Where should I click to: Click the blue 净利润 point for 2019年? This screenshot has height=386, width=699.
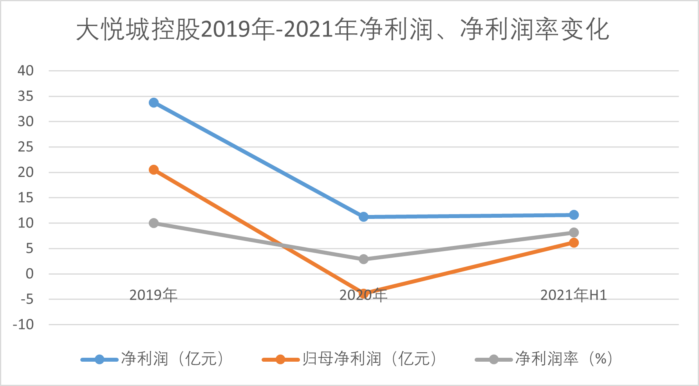click(x=154, y=103)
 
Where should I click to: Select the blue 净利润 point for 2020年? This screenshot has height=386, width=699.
click(x=363, y=217)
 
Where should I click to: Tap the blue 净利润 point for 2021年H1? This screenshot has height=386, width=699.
click(x=574, y=215)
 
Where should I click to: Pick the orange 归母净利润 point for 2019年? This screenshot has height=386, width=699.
click(x=154, y=170)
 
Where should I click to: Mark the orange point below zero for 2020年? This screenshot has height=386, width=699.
click(x=363, y=293)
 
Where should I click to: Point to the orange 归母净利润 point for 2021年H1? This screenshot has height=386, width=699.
click(x=574, y=243)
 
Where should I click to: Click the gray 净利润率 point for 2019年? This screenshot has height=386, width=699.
click(x=154, y=223)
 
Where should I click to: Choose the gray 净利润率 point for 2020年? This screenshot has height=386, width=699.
click(x=363, y=259)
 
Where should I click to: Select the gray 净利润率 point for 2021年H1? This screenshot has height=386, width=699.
click(x=574, y=233)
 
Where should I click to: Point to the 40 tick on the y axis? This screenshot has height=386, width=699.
click(x=25, y=71)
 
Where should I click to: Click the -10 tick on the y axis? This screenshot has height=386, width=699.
click(x=23, y=325)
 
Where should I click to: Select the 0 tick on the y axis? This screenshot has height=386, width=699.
click(x=29, y=274)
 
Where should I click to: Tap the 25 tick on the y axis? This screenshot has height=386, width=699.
click(x=25, y=147)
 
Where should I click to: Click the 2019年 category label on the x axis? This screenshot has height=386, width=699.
click(x=154, y=295)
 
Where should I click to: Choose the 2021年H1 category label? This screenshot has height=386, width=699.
click(x=574, y=295)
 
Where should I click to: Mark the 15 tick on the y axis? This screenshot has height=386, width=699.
click(x=25, y=198)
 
